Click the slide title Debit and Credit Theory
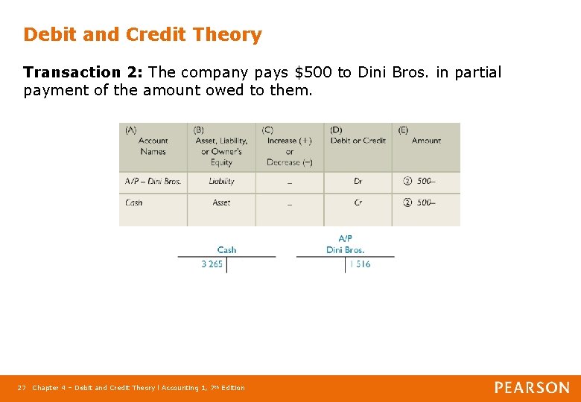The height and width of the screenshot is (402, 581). [x=142, y=35]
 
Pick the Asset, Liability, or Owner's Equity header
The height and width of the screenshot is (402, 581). [x=221, y=146]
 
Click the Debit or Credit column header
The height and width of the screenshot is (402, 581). [x=358, y=141]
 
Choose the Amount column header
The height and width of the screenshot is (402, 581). [x=426, y=141]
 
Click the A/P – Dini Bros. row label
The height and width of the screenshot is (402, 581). [x=153, y=181]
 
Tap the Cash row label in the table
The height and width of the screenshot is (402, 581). [x=134, y=202]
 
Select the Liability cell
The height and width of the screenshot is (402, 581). [x=221, y=181]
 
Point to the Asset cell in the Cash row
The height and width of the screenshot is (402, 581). [x=221, y=202]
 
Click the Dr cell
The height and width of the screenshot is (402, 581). [x=358, y=181]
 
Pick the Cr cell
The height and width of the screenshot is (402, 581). [x=358, y=202]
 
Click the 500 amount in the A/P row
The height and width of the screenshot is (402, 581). [x=425, y=181]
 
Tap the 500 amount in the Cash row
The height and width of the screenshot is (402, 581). [x=425, y=202]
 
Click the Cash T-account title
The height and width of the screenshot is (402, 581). [x=226, y=250]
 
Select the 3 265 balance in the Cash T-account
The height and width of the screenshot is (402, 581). [x=212, y=264]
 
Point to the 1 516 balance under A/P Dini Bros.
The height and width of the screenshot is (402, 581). [x=359, y=264]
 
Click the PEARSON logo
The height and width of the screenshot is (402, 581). [x=532, y=388]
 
